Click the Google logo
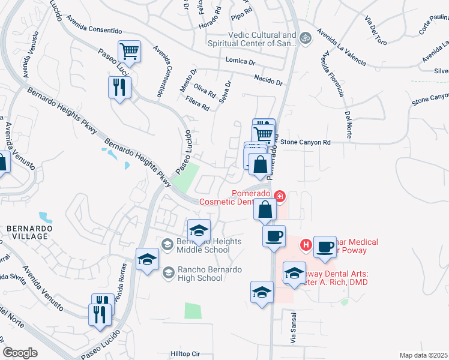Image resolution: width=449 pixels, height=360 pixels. tap(20, 353)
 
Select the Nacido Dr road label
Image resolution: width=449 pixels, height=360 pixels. tap(268, 80)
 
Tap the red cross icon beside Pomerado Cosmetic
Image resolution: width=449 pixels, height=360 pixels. tap(279, 196)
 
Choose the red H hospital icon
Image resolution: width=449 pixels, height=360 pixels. tap(305, 245)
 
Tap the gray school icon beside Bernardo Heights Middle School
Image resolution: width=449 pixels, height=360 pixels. tap(168, 243)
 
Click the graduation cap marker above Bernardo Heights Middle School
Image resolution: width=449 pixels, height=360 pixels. tap(199, 231)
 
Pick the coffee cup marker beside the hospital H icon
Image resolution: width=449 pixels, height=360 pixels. tap(325, 247)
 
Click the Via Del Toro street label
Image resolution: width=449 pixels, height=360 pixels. tap(375, 28)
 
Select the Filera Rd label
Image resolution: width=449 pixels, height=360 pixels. tap(197, 103)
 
